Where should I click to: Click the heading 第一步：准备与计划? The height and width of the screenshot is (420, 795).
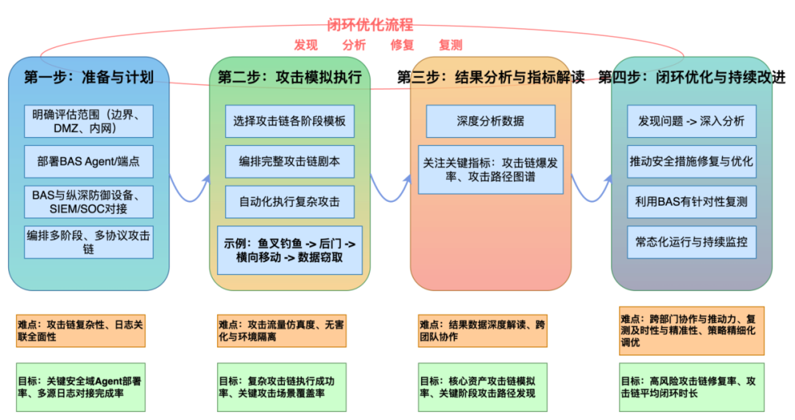(88, 77)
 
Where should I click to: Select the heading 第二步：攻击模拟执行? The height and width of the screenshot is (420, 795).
(289, 77)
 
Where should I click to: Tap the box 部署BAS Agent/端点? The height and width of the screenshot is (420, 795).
(88, 161)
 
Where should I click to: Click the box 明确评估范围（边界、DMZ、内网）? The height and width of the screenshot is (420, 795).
(88, 121)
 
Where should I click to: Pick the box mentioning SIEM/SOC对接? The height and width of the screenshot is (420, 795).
(88, 202)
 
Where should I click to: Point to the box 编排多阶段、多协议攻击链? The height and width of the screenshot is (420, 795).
(88, 242)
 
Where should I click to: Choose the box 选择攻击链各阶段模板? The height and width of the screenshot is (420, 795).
(289, 121)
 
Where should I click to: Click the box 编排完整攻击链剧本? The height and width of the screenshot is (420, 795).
(289, 161)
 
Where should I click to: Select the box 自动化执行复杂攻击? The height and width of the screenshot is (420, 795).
(289, 201)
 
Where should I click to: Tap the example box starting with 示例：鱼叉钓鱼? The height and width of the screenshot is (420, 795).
(289, 250)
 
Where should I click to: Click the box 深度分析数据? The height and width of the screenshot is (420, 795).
(490, 121)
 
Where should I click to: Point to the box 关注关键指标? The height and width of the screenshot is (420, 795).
(490, 169)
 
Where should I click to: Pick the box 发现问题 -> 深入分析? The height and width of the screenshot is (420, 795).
(691, 121)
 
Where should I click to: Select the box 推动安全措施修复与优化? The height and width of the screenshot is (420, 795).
(691, 161)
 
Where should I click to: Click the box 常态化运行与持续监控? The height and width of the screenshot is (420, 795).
(691, 241)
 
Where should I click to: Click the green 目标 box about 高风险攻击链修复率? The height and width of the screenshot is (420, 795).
(691, 387)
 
